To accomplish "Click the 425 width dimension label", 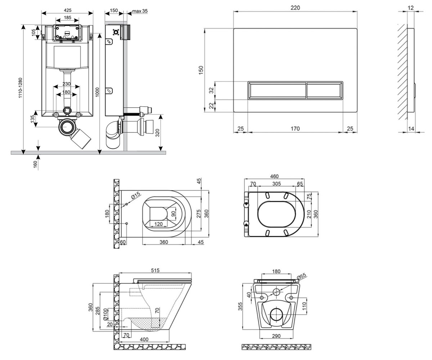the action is [67, 10].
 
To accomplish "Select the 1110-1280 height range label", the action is [20, 88].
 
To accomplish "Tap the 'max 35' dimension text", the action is [140, 11].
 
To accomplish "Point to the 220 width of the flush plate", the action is [295, 8].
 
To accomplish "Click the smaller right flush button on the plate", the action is [324, 90].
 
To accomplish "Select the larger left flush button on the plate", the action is [277, 90].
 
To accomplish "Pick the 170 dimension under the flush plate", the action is [295, 129].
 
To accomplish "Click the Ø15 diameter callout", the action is [135, 195].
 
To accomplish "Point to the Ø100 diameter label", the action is [105, 315].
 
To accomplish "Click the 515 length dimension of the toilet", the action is [155, 270].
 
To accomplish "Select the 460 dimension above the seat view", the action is [274, 176].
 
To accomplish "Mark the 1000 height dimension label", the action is [97, 92].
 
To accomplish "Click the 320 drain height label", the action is [157, 133].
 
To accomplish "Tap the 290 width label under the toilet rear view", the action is [276, 336].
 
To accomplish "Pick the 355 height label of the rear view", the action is [240, 307].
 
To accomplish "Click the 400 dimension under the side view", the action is [144, 339].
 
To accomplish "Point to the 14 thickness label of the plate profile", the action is [411, 129].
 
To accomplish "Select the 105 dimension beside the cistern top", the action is [33, 32].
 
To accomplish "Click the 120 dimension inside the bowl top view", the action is [158, 224].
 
